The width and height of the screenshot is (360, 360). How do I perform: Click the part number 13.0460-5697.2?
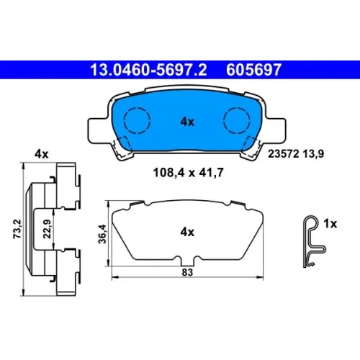coord(148,70)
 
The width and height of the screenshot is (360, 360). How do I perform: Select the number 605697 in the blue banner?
coord(253,70)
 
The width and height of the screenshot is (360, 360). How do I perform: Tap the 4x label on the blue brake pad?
coord(187,122)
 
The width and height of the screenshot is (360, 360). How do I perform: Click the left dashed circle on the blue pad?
coord(137,120)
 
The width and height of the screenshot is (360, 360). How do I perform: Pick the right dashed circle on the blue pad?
coord(237,120)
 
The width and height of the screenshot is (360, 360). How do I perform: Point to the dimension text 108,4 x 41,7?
coord(188,173)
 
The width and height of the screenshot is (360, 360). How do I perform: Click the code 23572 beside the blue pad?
coord(284,153)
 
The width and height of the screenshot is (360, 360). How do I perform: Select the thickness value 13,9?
coord(313,153)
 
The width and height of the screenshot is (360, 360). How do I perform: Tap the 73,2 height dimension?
coord(17,229)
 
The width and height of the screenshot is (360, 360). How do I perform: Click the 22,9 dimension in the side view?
coord(47,229)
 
